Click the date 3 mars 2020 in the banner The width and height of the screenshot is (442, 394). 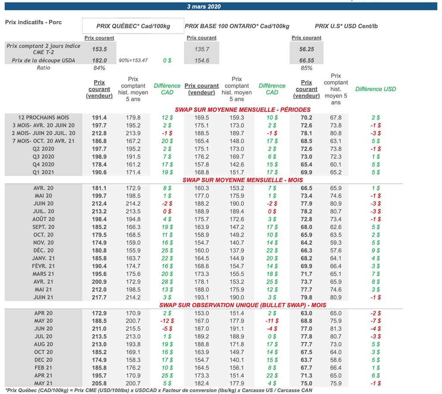pos(204,6)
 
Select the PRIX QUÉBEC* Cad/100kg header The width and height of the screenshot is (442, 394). pos(133,26)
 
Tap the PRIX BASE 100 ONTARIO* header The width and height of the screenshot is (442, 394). pos(237,26)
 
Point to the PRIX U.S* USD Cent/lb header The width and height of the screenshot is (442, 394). pos(346,26)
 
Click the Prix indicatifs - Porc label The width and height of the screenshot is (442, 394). pos(33,22)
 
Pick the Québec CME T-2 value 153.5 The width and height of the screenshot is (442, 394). pos(99,49)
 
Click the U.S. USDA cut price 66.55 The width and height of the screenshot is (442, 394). pos(306,60)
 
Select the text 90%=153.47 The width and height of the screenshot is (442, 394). pos(133,60)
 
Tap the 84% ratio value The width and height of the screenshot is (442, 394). pos(99,68)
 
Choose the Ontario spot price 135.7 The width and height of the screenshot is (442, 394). pos(202,49)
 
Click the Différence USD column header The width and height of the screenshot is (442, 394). pos(376,89)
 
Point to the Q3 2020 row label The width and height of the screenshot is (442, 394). pos(44,157)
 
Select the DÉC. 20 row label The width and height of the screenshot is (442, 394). pos(44,250)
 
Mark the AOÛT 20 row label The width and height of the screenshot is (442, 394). pos(44,219)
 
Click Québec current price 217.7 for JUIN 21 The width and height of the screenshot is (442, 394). pos(99,297)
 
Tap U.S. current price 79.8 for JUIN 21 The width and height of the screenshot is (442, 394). pos(306,297)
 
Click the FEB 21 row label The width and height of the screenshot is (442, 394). pos(44,368)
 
